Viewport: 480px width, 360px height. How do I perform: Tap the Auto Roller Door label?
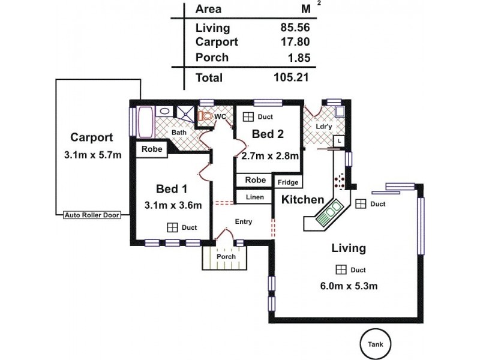pyautogui.click(x=91, y=214)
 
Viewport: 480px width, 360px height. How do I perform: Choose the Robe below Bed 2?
pyautogui.click(x=255, y=180)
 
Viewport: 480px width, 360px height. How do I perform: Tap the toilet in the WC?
pyautogui.click(x=207, y=116)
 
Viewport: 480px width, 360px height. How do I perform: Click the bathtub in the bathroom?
pyautogui.click(x=146, y=123)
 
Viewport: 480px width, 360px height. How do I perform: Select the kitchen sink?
pyautogui.click(x=329, y=212)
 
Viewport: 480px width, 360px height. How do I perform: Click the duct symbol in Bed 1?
pyautogui.click(x=172, y=227)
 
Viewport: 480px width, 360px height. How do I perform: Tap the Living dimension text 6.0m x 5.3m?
pyautogui.click(x=349, y=286)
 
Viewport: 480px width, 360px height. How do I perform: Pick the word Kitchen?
pyautogui.click(x=303, y=200)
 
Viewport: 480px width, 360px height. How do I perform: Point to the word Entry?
pyautogui.click(x=243, y=221)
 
